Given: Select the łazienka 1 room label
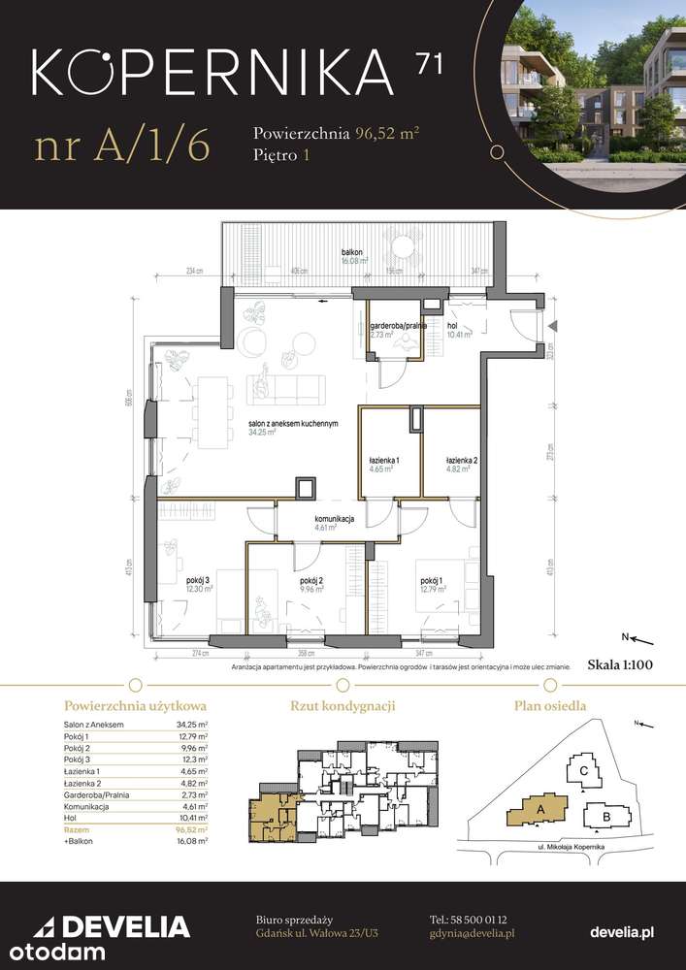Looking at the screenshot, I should [384, 460].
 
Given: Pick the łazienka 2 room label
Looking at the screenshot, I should [458, 460].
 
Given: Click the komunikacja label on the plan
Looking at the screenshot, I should [332, 519].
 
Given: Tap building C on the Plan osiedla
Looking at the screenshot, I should [583, 771].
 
